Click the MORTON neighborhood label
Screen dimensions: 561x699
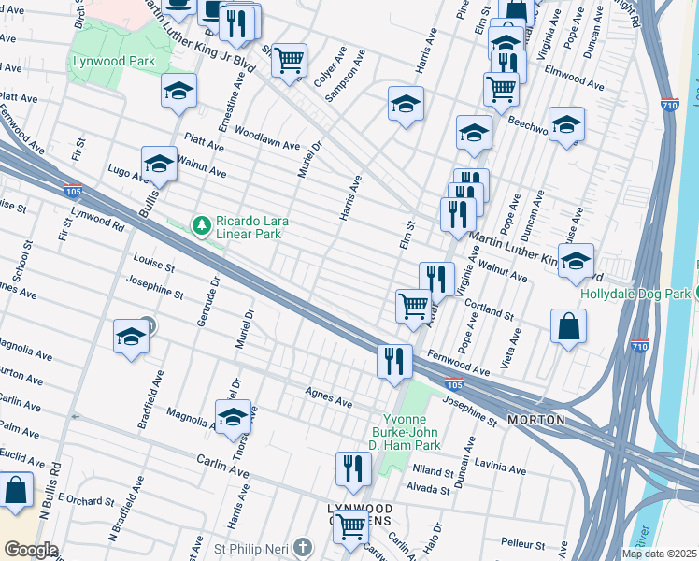(x=535, y=421)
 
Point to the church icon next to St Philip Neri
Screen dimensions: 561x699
(x=302, y=546)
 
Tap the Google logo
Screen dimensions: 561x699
(x=31, y=550)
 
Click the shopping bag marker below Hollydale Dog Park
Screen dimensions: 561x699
(x=567, y=328)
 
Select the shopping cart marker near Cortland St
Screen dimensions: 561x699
(x=413, y=306)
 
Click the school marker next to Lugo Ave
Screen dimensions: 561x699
(x=159, y=165)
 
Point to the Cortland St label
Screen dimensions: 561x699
(x=492, y=310)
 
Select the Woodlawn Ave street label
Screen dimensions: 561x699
(x=267, y=138)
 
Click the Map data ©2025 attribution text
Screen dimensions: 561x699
(x=659, y=554)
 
